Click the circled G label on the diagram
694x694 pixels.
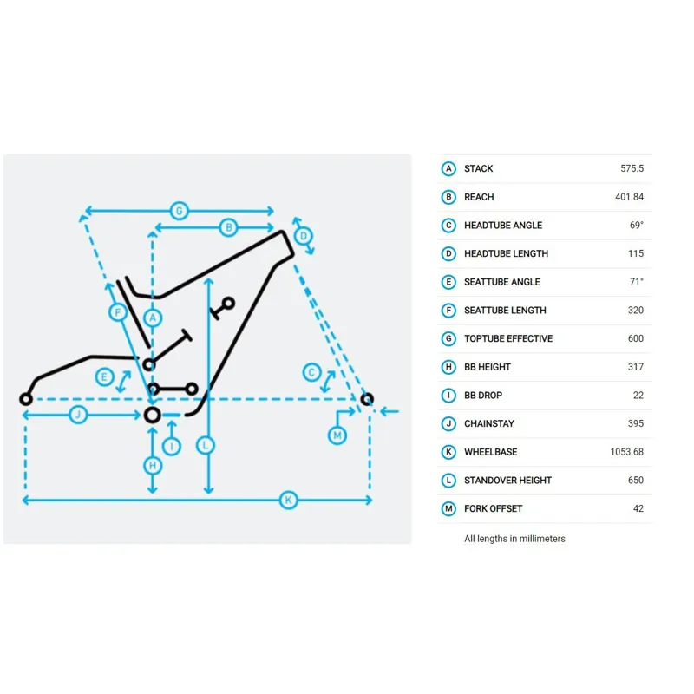180,211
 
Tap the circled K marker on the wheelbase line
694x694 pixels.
289,501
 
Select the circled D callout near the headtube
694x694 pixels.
304,236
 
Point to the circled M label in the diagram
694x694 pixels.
337,435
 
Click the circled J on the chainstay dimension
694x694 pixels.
78,415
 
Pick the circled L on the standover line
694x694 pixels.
206,445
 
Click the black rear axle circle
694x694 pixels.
26,399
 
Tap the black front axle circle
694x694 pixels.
366,399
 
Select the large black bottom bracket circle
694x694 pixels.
153,416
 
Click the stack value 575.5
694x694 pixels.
632,168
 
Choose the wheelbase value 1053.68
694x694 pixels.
626,452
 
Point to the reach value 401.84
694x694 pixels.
629,197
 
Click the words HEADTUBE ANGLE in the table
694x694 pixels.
503,226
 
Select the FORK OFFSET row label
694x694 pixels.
493,508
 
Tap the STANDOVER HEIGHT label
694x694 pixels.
507,481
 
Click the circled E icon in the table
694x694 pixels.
448,282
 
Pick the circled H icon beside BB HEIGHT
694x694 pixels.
448,367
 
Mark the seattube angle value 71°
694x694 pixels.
637,282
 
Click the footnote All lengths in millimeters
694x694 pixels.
514,539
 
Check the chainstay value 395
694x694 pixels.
636,423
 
